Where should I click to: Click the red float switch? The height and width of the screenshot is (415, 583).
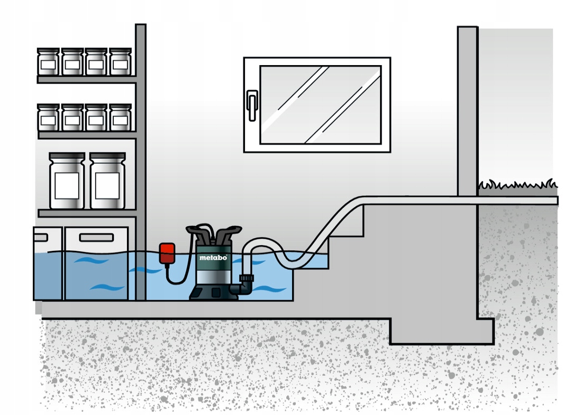pos(167,252)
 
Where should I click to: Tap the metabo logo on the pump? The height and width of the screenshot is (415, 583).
pos(213,258)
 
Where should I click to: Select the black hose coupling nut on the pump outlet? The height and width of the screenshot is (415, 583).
pos(247,278)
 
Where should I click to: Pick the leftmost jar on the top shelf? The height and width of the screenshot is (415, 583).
pos(48,62)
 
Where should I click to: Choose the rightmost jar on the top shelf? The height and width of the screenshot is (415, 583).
pos(120,62)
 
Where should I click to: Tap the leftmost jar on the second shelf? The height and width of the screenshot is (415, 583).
pos(48,118)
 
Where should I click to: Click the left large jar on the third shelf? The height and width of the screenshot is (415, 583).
pos(67,181)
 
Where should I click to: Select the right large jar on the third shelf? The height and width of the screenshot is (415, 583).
pos(107,181)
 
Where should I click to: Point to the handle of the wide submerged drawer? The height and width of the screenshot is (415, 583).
pos(96,238)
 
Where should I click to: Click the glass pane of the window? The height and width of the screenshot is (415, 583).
pos(320,104)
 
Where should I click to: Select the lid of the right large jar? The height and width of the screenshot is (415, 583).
pos(107,156)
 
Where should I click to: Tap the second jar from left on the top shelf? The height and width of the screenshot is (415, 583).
pos(72,62)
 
